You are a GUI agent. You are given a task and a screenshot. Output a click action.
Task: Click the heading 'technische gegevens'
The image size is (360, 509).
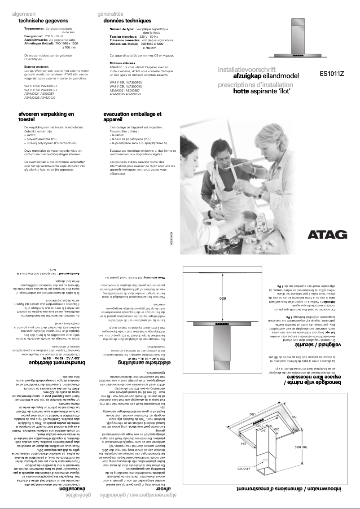[x=43, y=21]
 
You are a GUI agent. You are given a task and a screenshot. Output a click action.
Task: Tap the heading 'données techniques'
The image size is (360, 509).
[x=127, y=21]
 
